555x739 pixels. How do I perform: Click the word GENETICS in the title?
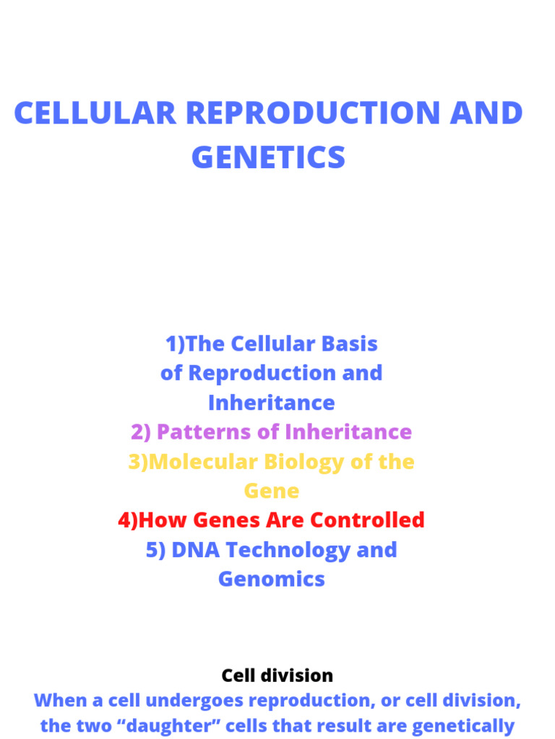pos(268,157)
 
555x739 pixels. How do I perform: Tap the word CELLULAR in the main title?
pos(95,113)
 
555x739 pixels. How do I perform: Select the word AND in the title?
pos(489,113)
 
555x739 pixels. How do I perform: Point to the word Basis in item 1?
pos(348,344)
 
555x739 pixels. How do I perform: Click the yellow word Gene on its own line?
pos(272,491)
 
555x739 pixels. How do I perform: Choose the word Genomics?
pos(272,580)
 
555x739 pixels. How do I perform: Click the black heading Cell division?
pos(277,676)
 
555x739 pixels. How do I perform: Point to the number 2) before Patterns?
pos(141,432)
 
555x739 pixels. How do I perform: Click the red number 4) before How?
pos(128,520)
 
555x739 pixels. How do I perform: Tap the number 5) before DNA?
pos(155,550)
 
